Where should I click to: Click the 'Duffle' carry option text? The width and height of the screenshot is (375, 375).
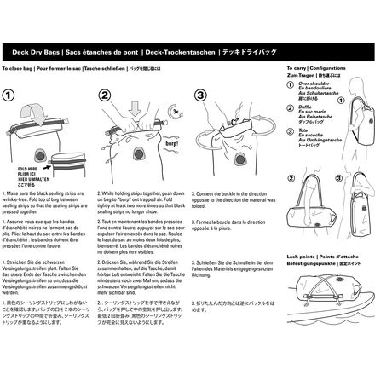click(300, 124)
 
